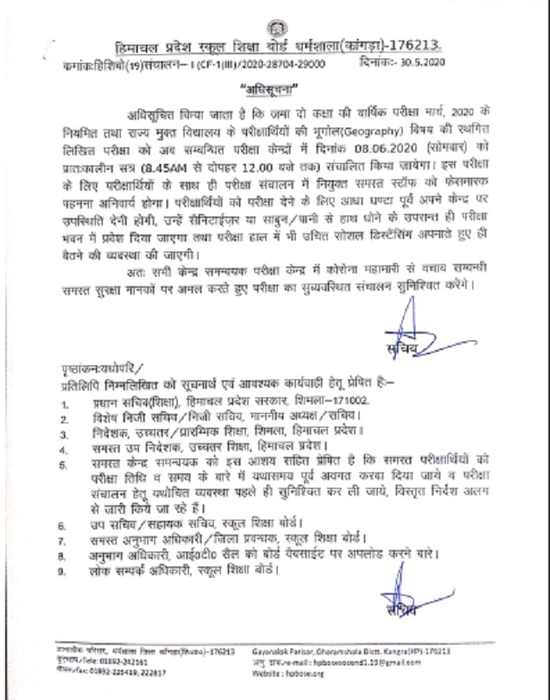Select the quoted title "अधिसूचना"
(x=274, y=89)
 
